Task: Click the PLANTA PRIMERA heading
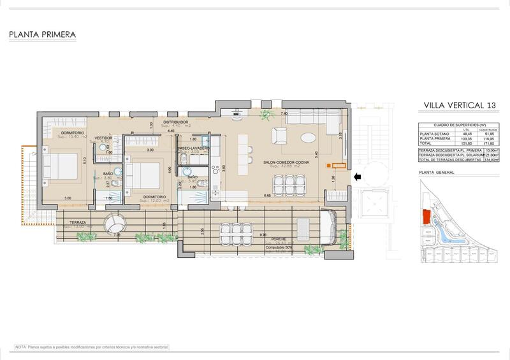pos(43,34)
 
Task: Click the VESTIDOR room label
pos(103,138)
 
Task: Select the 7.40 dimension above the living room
pos(285,113)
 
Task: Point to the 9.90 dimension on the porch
pos(263,234)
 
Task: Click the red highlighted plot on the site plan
pos(425,217)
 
